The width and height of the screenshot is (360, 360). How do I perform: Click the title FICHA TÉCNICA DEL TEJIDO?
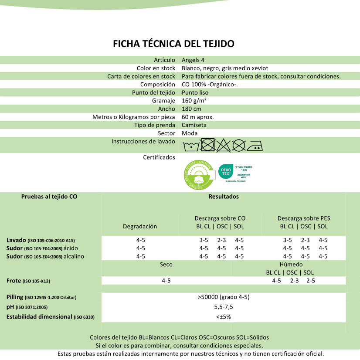(173, 44)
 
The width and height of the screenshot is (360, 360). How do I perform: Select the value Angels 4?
(193, 60)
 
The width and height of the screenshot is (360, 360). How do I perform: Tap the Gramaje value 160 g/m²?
(194, 101)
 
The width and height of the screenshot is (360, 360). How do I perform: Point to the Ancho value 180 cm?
(191, 109)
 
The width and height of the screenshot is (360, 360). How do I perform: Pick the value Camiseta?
(194, 125)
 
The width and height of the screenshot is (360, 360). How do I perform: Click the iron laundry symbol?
(255, 145)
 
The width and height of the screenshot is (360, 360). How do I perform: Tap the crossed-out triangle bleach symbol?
(223, 145)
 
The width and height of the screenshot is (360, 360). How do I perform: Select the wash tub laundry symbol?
(190, 146)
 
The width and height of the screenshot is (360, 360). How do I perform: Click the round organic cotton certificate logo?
(198, 175)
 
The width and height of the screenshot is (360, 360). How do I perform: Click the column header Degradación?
(140, 226)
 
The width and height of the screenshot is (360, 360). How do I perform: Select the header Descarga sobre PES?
(304, 218)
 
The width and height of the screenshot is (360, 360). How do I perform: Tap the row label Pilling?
(15, 297)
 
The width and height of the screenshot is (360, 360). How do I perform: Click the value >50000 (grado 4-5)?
(224, 297)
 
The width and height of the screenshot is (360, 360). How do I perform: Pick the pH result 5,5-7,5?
(224, 306)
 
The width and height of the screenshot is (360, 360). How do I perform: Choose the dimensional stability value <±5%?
(224, 316)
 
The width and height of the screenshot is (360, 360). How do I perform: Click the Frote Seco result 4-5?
(166, 281)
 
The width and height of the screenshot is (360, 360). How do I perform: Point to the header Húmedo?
(291, 264)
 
